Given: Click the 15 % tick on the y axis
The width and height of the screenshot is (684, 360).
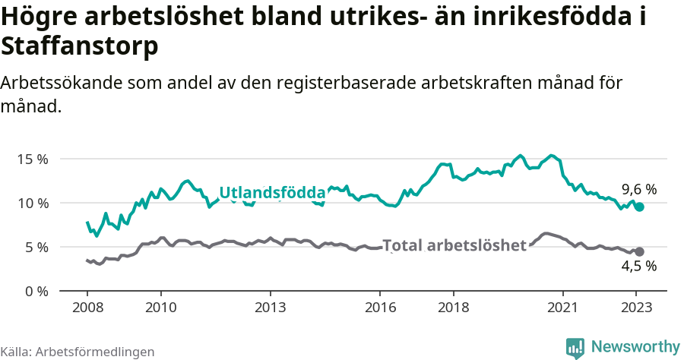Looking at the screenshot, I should coord(32,159).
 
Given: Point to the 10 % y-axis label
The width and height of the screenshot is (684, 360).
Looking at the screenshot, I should coord(32,204).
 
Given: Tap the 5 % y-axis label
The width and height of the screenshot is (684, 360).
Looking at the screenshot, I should coord(36,248).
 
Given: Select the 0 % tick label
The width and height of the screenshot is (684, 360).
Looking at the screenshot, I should coord(36,292).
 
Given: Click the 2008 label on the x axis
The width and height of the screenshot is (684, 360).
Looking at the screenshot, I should coord(87,308).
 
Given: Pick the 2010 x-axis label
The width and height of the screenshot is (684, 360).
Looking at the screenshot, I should coord(160,308).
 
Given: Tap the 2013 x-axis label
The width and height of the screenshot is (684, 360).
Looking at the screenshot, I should coord(270,308).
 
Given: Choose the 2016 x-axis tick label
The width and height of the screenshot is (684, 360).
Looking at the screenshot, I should coord(380,308).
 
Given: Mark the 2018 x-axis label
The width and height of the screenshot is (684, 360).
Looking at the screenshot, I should coord(453,308).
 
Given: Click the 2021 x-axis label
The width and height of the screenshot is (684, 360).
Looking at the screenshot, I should coord(563,308).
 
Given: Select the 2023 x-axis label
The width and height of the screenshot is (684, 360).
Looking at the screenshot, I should coord(636,308).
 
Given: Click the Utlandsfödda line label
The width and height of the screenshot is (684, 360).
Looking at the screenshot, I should coord(272,193).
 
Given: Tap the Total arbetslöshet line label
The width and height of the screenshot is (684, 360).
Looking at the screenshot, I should coord(454,245).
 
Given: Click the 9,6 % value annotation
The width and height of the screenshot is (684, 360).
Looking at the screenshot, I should coord(639,190).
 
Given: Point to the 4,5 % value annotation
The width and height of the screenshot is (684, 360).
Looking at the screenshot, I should coord(639,266).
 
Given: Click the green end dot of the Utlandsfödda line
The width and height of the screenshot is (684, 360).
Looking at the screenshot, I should coord(640,207).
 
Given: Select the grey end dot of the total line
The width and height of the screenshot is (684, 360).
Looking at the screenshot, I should coord(640,251).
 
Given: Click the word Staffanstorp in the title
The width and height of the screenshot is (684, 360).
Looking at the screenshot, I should coord(80,47).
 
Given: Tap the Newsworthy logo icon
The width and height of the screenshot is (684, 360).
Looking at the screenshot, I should coord(575,347).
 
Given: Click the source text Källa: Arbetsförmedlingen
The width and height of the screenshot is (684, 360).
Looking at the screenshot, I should coord(78,352).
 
